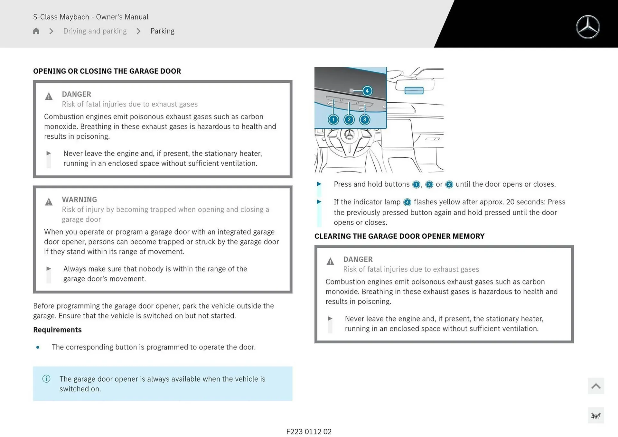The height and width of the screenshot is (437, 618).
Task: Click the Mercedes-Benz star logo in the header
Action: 588,27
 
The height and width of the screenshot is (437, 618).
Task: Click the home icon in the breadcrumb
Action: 36,31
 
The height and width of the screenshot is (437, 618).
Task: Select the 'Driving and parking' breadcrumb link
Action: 95,31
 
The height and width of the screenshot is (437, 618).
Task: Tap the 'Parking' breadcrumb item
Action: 162,31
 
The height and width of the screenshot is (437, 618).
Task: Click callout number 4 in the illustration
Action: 367,91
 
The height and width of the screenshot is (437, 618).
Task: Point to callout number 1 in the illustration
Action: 333,120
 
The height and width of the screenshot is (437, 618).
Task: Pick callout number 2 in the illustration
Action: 349,120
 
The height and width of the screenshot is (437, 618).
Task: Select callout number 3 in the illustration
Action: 364,120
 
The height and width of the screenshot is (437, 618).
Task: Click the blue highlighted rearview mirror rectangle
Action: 414,90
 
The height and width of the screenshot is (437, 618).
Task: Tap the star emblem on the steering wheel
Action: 349,135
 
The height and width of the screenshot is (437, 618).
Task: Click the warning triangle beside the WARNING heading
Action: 49,202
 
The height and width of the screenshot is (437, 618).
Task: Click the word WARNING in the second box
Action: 80,200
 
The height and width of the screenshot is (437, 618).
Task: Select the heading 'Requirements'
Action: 57,330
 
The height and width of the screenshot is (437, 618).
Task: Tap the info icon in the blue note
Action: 46,379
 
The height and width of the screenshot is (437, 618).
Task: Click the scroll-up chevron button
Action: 595,386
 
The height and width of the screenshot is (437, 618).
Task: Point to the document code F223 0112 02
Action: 309,432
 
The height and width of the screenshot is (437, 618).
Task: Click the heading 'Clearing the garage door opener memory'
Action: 399,236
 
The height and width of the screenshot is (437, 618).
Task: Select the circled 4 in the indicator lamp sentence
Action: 407,202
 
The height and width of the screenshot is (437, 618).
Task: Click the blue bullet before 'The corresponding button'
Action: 38,347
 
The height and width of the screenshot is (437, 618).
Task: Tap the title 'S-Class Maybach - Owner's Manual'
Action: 91,17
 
